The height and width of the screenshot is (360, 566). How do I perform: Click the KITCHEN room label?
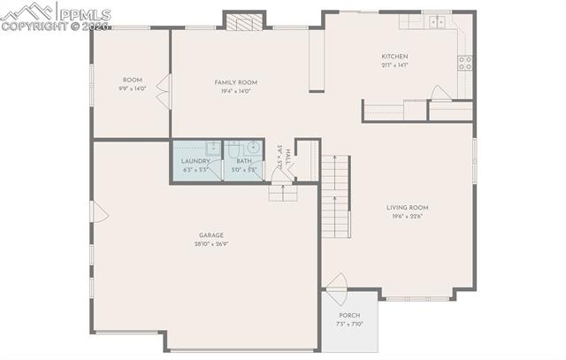394,57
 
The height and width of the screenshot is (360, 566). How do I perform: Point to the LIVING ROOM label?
407,208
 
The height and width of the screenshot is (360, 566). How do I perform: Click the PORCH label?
349,316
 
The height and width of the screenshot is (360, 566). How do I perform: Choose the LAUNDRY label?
195,161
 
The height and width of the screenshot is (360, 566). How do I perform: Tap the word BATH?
242,161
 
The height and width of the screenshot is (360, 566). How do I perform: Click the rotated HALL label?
287,156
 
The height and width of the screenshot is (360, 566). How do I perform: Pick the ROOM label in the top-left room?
132,80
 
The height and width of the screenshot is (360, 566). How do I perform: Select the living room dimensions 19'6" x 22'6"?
407,218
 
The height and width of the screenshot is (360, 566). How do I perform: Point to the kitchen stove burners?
464,63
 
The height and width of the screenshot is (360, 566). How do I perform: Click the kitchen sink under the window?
435,22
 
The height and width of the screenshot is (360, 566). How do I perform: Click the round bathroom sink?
253,148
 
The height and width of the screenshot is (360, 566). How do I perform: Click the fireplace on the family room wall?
243,20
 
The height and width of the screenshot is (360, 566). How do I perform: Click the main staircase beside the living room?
336,199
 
